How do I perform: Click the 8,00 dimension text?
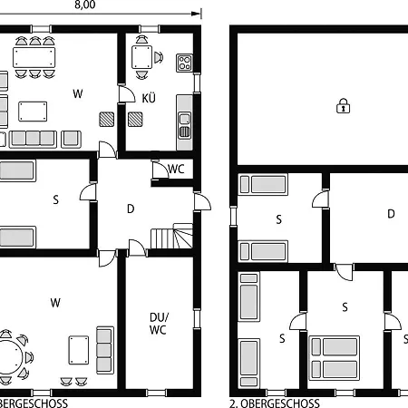coord(84,5)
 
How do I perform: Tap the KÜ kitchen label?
coord(150,97)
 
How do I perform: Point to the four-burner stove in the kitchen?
coord(184,62)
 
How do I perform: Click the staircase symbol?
coord(171,238)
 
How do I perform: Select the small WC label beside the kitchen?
coord(177,169)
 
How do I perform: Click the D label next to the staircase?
coord(131,209)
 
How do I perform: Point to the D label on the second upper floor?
coord(392,214)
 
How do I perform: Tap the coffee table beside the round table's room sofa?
coord(78,347)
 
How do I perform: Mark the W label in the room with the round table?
coord(55,302)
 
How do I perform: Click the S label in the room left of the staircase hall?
coord(55,199)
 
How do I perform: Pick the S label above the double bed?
coord(345,306)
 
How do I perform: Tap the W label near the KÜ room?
coord(79,92)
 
